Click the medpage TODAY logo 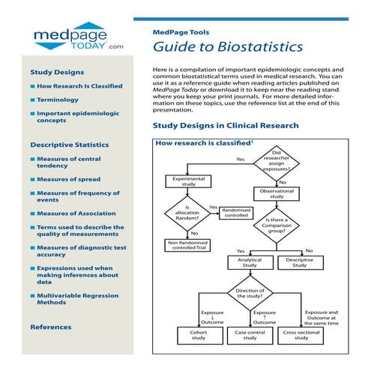tap(73, 36)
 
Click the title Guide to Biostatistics tap(228, 46)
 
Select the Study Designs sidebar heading tap(56, 73)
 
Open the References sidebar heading tap(51, 327)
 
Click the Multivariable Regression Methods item tap(78, 300)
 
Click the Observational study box tap(277, 193)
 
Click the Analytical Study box tap(250, 262)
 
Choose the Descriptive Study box tap(300, 262)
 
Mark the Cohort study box tap(199, 335)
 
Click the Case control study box tap(250, 335)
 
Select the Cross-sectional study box tap(301, 335)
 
